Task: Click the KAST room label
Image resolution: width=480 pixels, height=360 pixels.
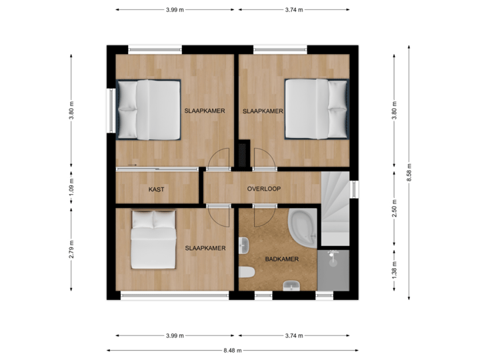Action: (157, 189)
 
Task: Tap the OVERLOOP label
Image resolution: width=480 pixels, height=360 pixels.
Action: (264, 189)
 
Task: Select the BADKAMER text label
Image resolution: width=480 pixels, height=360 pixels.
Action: (281, 259)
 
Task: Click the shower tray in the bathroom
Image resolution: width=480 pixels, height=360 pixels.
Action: (334, 271)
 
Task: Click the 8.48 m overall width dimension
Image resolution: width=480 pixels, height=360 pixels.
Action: (233, 350)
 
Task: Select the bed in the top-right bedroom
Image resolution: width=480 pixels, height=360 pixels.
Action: (316, 109)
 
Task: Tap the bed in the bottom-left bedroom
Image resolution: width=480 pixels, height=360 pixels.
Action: (153, 239)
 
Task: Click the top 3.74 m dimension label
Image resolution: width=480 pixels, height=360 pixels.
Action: (294, 10)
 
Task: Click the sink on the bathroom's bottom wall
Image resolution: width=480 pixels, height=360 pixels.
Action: (291, 286)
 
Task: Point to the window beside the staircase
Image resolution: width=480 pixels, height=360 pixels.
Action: (355, 190)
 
